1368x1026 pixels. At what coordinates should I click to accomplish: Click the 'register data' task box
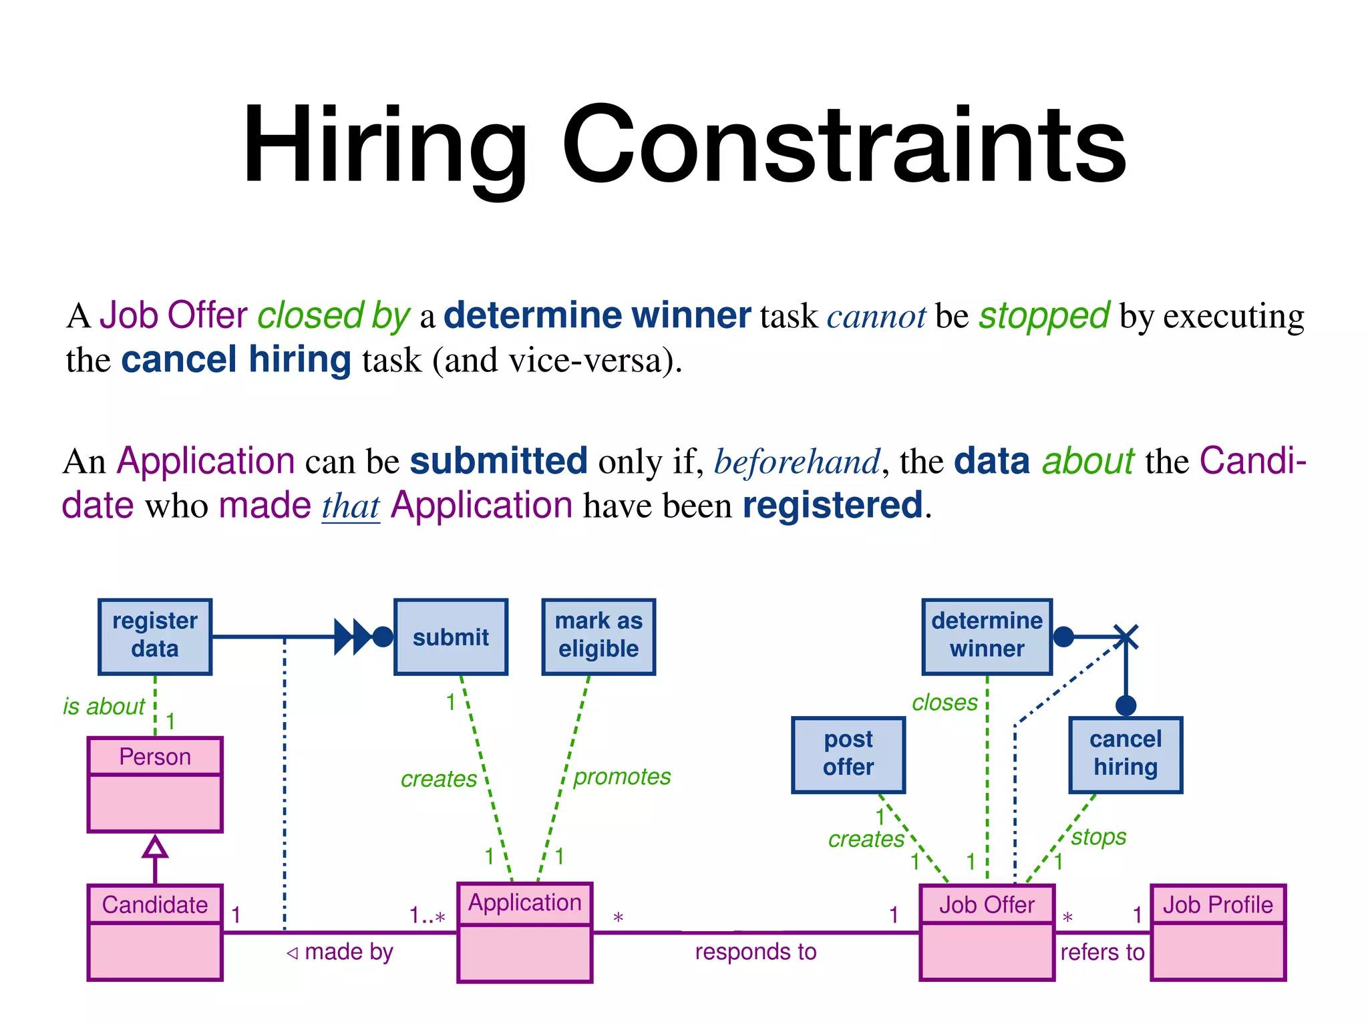155,636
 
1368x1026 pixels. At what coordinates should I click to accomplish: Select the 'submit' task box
451,637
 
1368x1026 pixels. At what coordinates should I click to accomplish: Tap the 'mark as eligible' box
598,636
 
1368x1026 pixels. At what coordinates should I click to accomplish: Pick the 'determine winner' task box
987,636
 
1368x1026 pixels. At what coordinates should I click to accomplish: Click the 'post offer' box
848,754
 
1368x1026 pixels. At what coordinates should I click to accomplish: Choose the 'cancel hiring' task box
1126,754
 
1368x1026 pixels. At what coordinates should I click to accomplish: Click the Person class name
155,757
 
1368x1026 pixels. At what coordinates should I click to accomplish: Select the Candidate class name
155,904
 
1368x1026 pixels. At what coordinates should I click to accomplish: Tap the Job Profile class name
1218,904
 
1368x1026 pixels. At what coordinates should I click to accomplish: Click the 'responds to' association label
755,951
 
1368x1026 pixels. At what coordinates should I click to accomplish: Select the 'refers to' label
1102,951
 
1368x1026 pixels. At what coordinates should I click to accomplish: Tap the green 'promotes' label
622,776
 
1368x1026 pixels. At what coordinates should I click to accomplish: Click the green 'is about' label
104,706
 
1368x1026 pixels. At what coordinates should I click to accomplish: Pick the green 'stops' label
1099,836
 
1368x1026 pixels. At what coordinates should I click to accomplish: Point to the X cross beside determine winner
1126,637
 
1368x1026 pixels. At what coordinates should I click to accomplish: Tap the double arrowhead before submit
353,637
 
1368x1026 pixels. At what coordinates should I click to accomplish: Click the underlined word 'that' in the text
351,506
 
